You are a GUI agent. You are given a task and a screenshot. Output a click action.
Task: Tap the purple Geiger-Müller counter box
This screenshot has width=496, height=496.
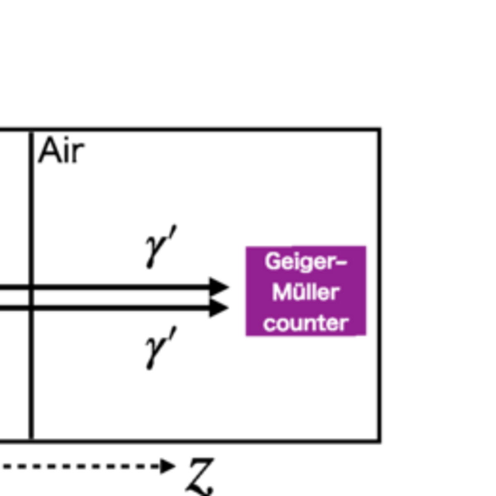pos(306,291)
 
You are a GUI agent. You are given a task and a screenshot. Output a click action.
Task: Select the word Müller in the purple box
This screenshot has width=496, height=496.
pos(306,292)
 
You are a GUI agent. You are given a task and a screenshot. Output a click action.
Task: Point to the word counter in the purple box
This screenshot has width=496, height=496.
pos(306,323)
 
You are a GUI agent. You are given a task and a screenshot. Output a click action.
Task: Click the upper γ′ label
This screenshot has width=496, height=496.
pos(161,247)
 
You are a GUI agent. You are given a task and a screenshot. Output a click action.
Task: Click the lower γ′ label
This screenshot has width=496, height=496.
pos(161,348)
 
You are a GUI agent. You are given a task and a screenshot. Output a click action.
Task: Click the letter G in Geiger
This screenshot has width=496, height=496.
pos(272,261)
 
